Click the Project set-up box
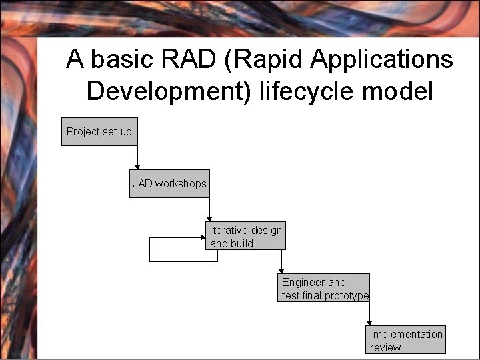[99, 131]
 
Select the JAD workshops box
[170, 183]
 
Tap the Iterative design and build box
[245, 236]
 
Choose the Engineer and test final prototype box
[323, 288]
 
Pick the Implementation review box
[406, 339]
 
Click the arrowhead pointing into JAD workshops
[138, 167]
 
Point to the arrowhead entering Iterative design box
[209, 219]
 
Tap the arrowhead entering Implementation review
[370, 323]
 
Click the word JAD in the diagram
[142, 183]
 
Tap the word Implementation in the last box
[406, 334]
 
